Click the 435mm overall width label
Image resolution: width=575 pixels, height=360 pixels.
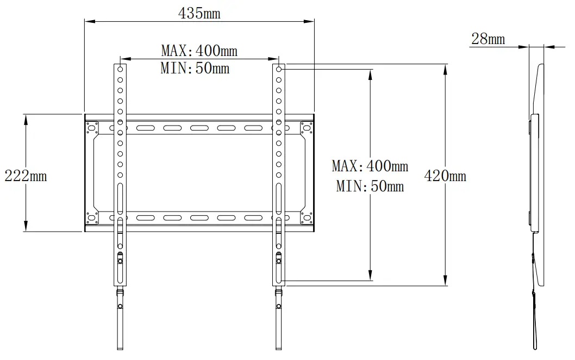pyautogui.click(x=199, y=14)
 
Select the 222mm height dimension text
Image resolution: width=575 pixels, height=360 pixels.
pyautogui.click(x=26, y=176)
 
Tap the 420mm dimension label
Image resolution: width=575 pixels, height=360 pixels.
pyautogui.click(x=445, y=176)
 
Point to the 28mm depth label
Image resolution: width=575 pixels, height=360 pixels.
pyautogui.click(x=487, y=39)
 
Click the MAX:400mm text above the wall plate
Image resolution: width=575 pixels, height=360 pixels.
pyautogui.click(x=199, y=51)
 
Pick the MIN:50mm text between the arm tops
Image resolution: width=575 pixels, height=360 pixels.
pyautogui.click(x=195, y=68)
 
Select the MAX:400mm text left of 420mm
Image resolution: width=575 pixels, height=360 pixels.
pyautogui.click(x=370, y=165)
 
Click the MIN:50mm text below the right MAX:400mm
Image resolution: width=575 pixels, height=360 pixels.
pyautogui.click(x=370, y=186)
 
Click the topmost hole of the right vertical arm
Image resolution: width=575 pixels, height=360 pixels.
pyautogui.click(x=278, y=69)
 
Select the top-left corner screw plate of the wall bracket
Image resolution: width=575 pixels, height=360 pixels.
pyautogui.click(x=92, y=128)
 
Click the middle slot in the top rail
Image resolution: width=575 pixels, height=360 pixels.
pyautogui.click(x=199, y=129)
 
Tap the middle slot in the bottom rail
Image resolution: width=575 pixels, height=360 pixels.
pyautogui.click(x=199, y=218)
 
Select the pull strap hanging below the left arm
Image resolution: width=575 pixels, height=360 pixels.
pyautogui.click(x=120, y=321)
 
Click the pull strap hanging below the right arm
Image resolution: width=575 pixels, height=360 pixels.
pyautogui.click(x=278, y=321)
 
